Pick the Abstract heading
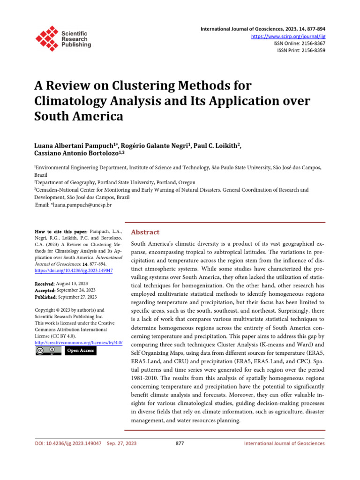pyautogui.click(x=145, y=232)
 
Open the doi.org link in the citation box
pyautogui.click(x=74, y=270)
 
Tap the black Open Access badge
pyautogui.click(x=80, y=351)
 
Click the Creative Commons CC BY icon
pyautogui.click(x=48, y=351)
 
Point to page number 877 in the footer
pyautogui.click(x=179, y=443)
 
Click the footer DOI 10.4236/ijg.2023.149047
pyautogui.click(x=68, y=443)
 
